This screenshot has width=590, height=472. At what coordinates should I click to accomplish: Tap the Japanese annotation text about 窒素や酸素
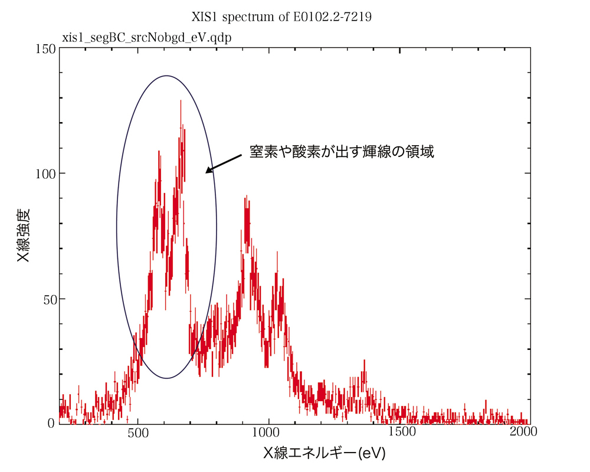342,152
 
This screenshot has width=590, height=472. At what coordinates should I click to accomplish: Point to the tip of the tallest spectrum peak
181,101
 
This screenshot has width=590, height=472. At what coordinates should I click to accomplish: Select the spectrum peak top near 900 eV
245,199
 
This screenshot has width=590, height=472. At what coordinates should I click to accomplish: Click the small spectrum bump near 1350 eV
364,361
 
